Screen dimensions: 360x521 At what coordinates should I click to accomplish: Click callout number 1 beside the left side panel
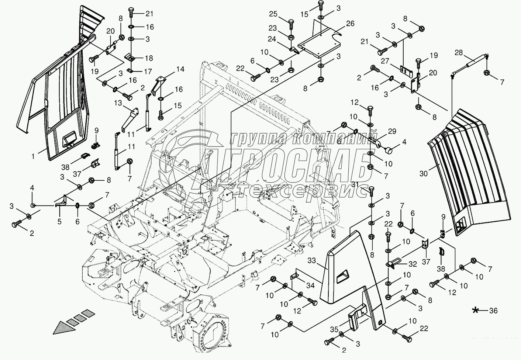[33, 157]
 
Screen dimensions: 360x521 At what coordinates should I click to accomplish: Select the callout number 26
[350, 24]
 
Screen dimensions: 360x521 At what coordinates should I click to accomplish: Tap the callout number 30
[424, 172]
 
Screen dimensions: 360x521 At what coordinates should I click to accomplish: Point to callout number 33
[312, 261]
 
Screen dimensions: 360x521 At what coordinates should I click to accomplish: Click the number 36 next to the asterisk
[494, 311]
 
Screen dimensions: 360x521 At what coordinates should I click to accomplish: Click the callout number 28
[459, 53]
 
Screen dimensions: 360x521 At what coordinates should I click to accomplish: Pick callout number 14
[180, 69]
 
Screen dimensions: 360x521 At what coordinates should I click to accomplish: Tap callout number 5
[59, 222]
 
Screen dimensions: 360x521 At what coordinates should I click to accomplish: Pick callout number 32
[412, 264]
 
